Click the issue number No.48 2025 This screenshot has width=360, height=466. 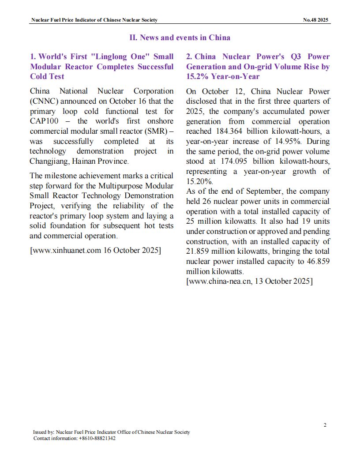(316, 20)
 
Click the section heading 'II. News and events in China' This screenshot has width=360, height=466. (180, 38)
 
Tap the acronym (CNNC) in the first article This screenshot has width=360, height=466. (44, 101)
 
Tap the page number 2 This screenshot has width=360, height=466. (325, 425)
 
